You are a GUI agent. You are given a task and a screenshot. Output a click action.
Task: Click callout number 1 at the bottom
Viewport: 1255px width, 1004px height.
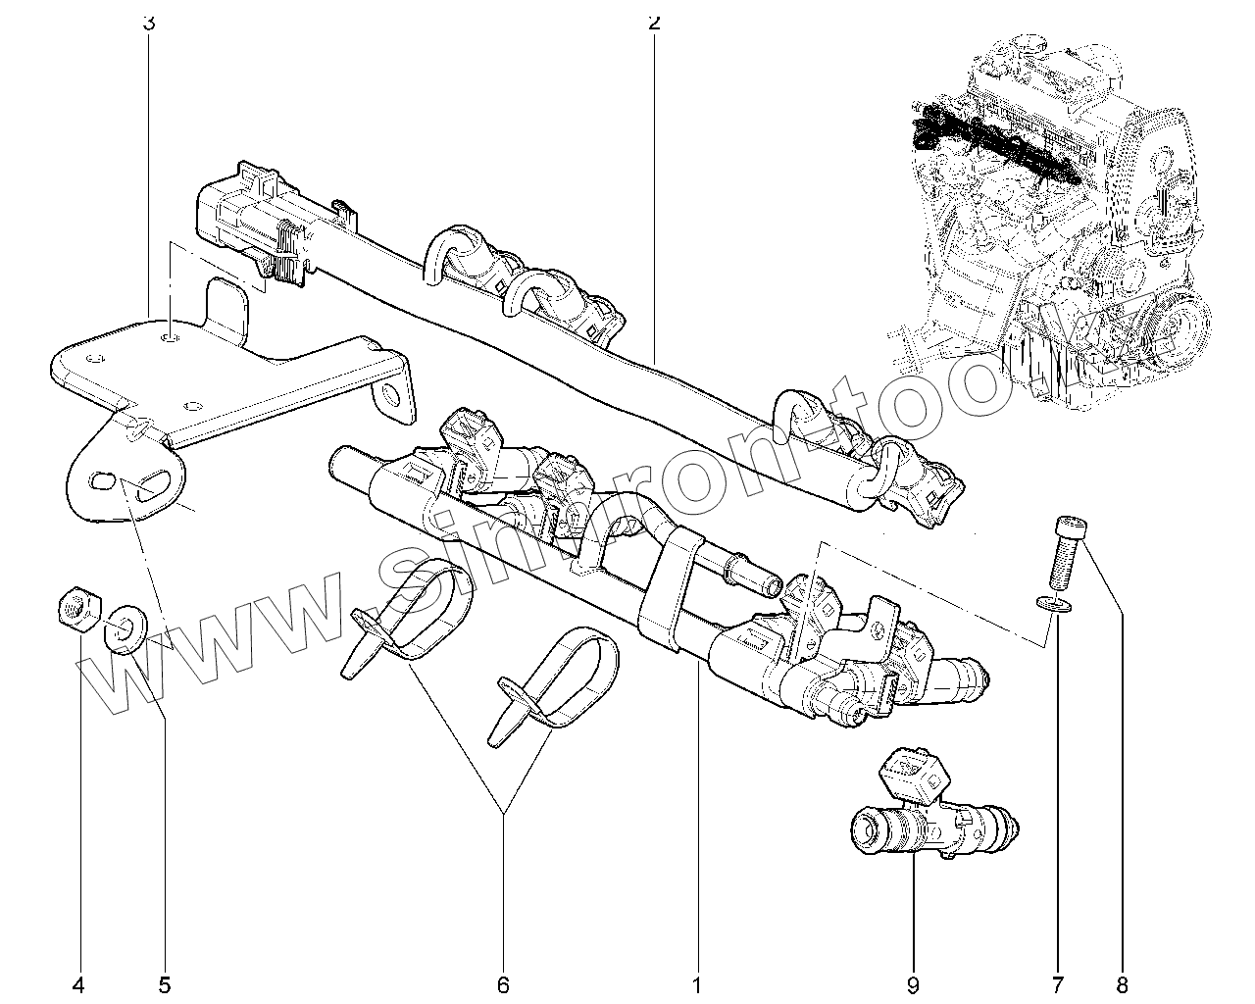click(698, 983)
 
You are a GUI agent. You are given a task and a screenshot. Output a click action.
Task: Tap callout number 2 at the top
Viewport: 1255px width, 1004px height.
click(654, 22)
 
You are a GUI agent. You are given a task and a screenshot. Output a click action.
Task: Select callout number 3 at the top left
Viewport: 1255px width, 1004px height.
click(149, 22)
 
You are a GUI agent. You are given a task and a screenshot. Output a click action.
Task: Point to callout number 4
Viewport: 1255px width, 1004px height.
click(79, 983)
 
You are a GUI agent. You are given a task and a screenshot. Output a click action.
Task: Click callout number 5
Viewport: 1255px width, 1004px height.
click(164, 983)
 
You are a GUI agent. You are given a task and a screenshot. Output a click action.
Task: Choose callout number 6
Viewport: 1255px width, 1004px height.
click(503, 983)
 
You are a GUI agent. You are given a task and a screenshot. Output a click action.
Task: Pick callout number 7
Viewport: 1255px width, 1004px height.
click(1058, 983)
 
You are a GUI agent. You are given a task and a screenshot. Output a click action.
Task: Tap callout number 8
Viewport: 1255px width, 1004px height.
click(1121, 983)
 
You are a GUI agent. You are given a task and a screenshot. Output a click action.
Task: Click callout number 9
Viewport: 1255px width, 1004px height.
click(912, 983)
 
